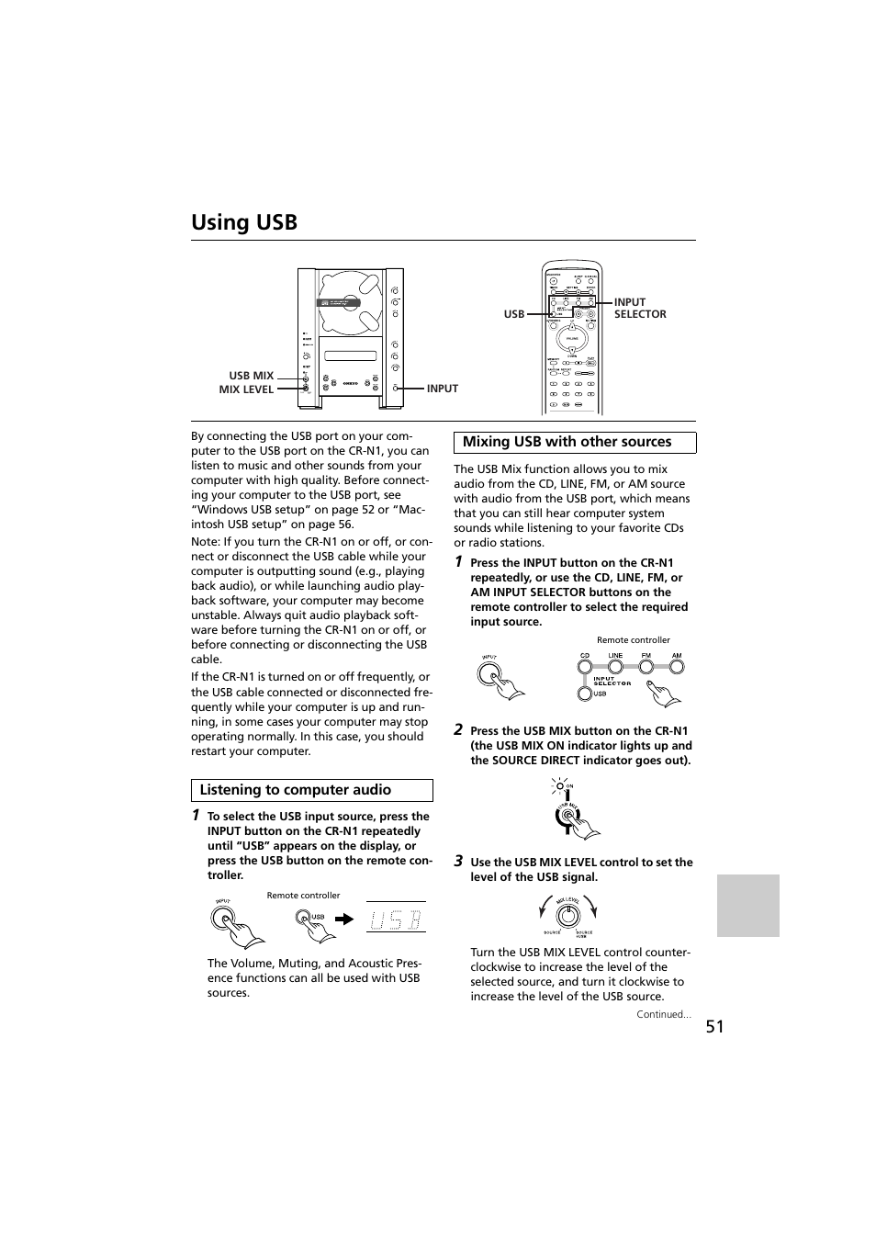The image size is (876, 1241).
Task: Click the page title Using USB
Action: pyautogui.click(x=244, y=222)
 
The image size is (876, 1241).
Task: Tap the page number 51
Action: pyautogui.click(x=715, y=1027)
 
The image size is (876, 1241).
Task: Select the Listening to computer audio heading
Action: pyautogui.click(x=296, y=790)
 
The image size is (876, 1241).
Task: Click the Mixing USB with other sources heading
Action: pyautogui.click(x=567, y=442)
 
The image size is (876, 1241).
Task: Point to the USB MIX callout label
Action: pyautogui.click(x=251, y=376)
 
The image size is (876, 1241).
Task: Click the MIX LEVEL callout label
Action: pyautogui.click(x=246, y=389)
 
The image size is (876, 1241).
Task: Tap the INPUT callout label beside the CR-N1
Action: pyautogui.click(x=442, y=389)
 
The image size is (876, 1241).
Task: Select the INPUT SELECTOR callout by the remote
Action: pyautogui.click(x=639, y=308)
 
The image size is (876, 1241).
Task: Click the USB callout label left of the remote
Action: pyautogui.click(x=513, y=314)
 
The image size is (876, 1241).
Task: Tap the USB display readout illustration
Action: pyautogui.click(x=396, y=918)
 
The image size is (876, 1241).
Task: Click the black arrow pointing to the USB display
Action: pyautogui.click(x=343, y=918)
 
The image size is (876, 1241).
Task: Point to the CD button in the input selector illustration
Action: pyautogui.click(x=584, y=666)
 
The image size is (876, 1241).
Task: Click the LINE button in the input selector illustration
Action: pyautogui.click(x=615, y=666)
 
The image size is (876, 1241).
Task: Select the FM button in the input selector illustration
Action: pyautogui.click(x=646, y=666)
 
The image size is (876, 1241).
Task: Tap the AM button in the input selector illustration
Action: pyautogui.click(x=677, y=666)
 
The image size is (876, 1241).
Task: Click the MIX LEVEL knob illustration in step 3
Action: pyautogui.click(x=569, y=915)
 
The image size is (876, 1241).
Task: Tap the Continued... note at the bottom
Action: pyautogui.click(x=664, y=1014)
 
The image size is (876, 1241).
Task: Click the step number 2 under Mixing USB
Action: pyautogui.click(x=458, y=729)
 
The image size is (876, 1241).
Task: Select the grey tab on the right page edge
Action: pyautogui.click(x=747, y=905)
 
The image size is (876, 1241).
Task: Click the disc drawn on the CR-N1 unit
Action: pyautogui.click(x=349, y=303)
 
